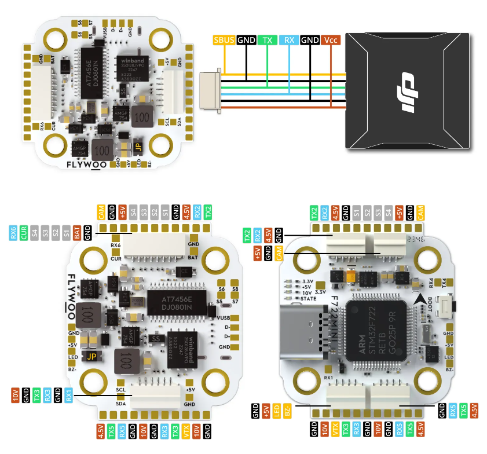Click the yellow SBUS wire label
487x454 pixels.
[225, 41]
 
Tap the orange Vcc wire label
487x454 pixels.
[331, 41]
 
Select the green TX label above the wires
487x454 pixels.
[267, 41]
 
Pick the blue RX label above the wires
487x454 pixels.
[288, 41]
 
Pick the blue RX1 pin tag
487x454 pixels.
[68, 396]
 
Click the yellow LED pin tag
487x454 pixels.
[277, 412]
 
